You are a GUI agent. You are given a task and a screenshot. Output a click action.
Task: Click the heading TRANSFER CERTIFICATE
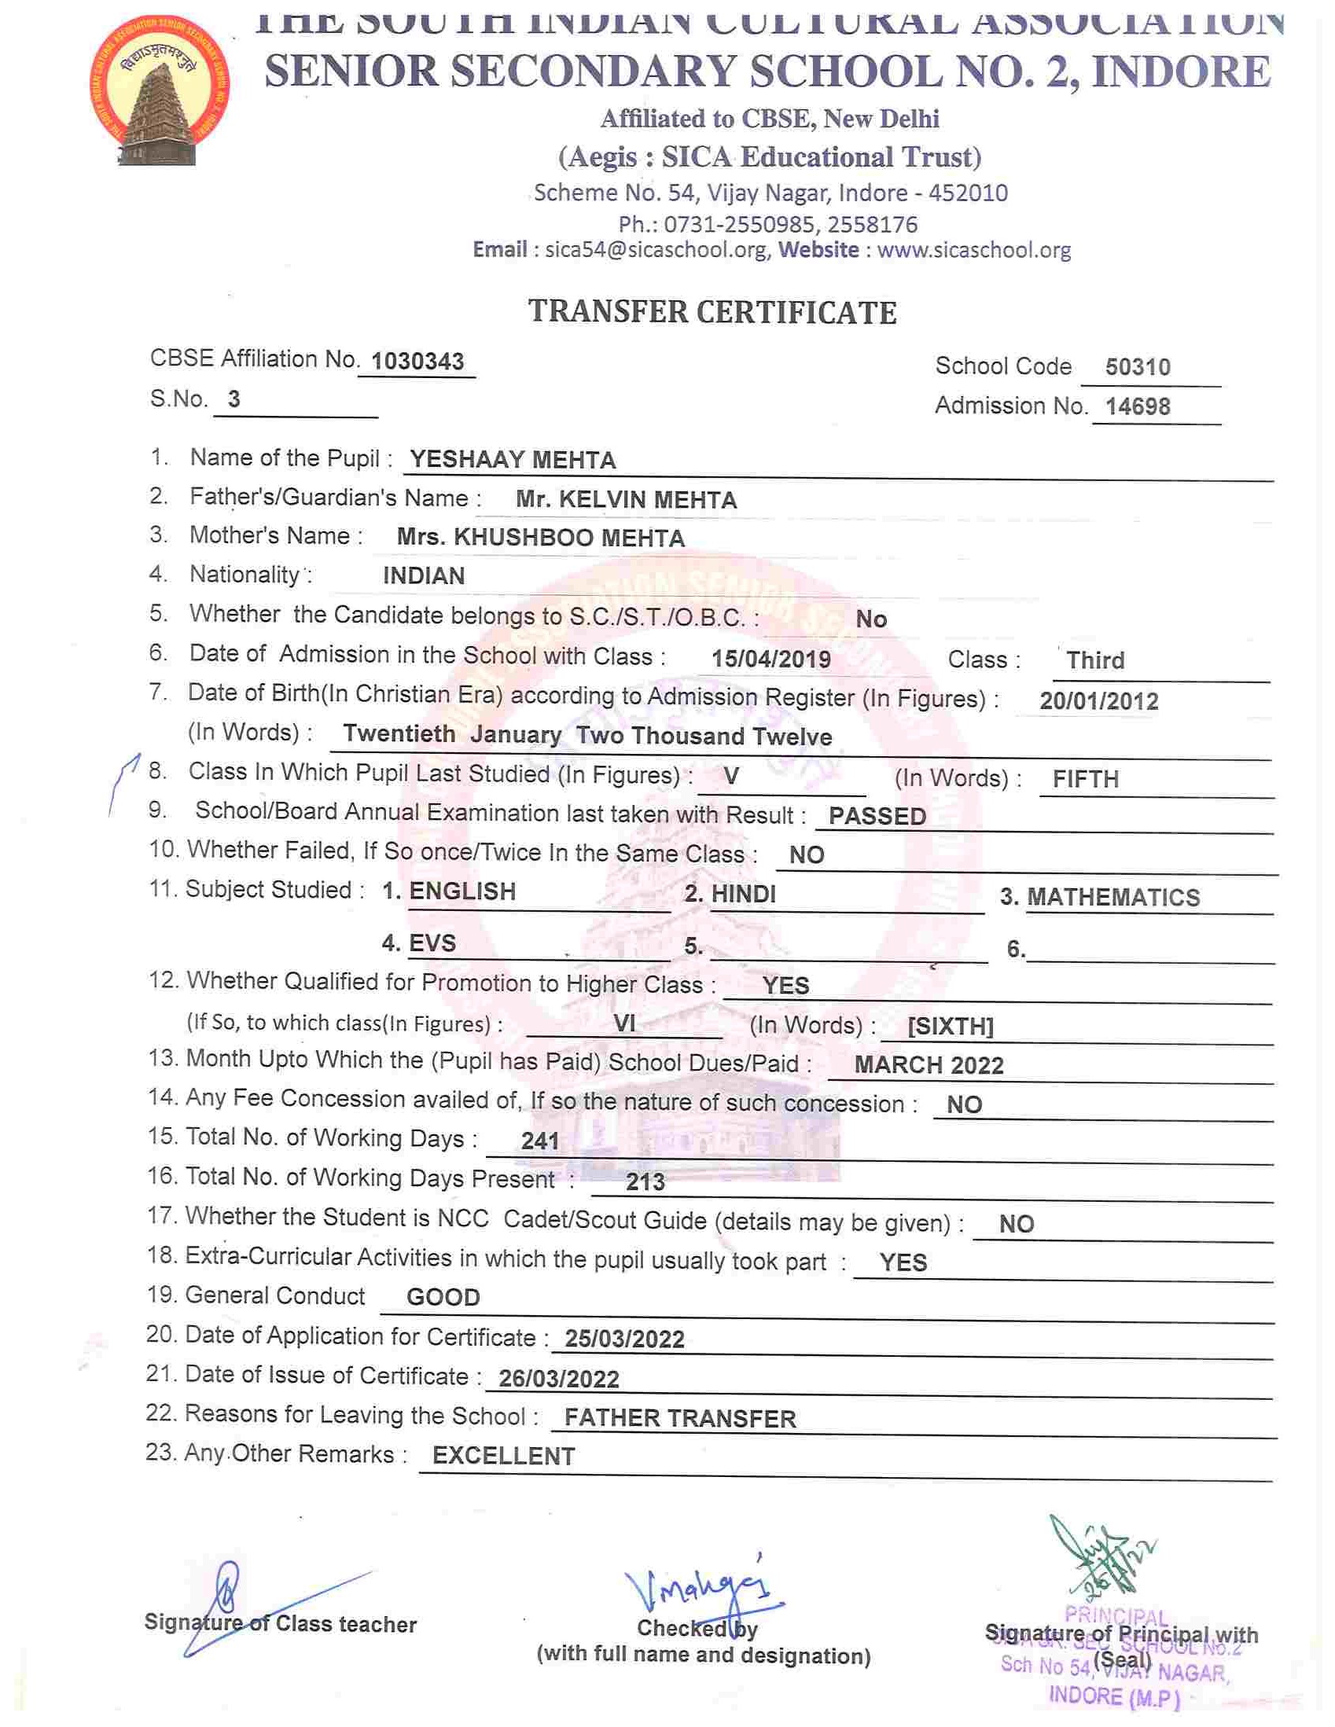point(712,312)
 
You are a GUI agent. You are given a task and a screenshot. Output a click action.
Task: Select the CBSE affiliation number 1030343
point(417,362)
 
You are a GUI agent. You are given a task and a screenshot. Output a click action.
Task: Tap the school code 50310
point(1138,367)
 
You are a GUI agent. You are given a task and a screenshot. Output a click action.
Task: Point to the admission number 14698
point(1138,406)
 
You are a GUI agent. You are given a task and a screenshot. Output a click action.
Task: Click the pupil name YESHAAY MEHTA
point(513,459)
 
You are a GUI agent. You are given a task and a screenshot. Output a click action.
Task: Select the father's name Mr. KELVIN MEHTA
point(626,500)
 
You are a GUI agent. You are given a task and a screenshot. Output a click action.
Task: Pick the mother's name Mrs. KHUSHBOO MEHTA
point(540,538)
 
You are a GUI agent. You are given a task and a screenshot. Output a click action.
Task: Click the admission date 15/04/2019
point(770,659)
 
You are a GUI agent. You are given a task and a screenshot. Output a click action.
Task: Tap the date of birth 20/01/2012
point(1098,700)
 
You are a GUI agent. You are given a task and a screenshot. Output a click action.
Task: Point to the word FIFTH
point(1085,780)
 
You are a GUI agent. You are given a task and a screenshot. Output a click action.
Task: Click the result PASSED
point(877,816)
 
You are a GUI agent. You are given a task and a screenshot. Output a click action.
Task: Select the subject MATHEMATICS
point(1112,898)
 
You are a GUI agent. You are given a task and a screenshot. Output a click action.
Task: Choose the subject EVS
point(432,943)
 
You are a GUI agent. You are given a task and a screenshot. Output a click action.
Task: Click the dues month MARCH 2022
point(929,1065)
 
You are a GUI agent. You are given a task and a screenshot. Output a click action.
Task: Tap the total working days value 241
point(540,1141)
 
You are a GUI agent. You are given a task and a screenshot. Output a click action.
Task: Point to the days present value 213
point(645,1182)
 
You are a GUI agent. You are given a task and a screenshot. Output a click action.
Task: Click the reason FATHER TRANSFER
point(680,1419)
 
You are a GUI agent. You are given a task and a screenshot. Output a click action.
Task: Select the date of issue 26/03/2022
point(558,1379)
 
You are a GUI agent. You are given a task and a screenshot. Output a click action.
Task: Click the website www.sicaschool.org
point(973,250)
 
